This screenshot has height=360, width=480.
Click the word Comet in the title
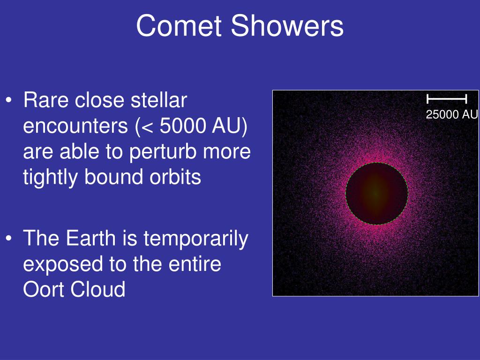pyautogui.click(x=179, y=26)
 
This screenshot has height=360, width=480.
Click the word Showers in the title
pyautogui.click(x=287, y=26)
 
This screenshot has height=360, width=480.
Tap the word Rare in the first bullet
pyautogui.click(x=46, y=100)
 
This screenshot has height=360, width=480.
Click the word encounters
pyautogui.click(x=75, y=126)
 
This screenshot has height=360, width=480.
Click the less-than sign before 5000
pyautogui.click(x=147, y=127)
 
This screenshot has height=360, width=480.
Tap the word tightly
pyautogui.click(x=50, y=178)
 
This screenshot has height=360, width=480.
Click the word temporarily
pyautogui.click(x=196, y=239)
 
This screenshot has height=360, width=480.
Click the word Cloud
pyautogui.click(x=98, y=289)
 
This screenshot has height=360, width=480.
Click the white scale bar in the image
pyautogui.click(x=447, y=99)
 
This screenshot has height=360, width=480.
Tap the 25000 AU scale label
pyautogui.click(x=452, y=114)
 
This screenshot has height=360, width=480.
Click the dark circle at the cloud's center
pyautogui.click(x=377, y=194)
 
